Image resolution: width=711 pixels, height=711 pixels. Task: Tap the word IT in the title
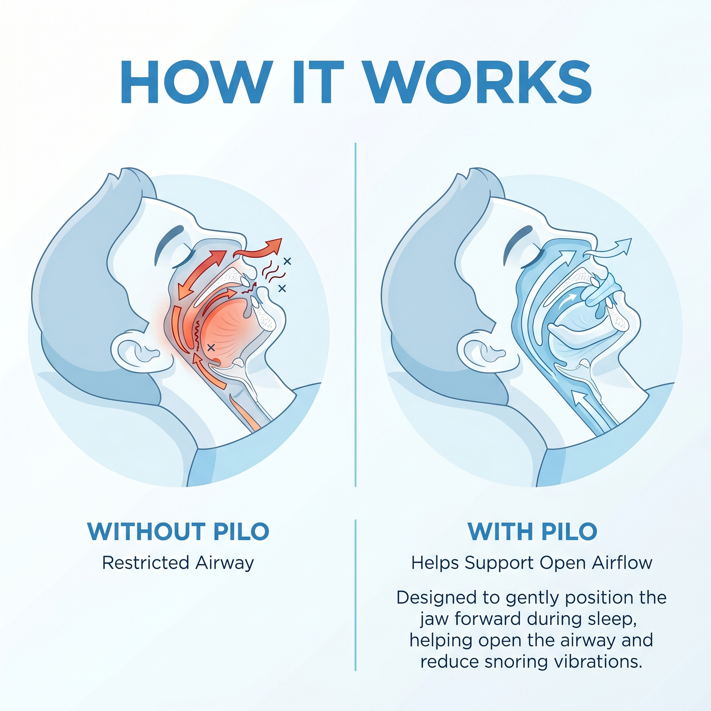318,82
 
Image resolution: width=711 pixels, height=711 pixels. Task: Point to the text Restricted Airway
178,563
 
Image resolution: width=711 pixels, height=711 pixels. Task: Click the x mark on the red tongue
211,347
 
